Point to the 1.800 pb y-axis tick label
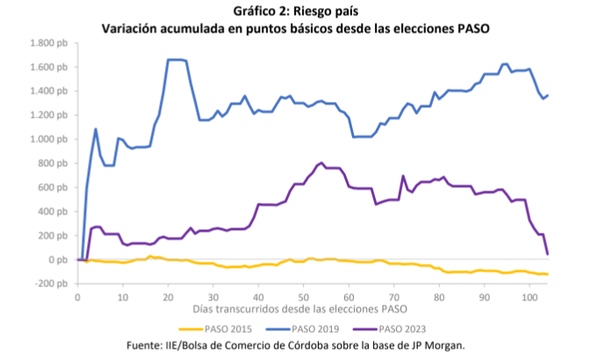pos(48,43)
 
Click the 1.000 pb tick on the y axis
pos(48,140)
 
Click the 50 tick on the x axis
pos(303,298)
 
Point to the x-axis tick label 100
pos(529,298)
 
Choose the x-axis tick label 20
pos(168,298)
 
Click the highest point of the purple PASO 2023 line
pos(321,163)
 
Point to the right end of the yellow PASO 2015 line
pos(547,275)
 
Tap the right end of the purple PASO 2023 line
pos(547,254)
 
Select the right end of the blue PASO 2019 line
pos(547,95)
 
